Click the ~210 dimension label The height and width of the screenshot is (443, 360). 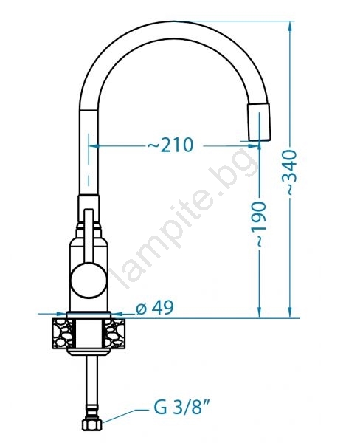[x=170, y=145]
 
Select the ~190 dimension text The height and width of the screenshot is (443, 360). [x=260, y=224]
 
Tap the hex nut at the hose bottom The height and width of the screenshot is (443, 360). [x=91, y=425]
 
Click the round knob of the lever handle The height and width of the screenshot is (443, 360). [x=89, y=281]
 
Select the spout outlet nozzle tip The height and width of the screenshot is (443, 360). [x=259, y=122]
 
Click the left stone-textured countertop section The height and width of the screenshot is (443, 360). [x=63, y=334]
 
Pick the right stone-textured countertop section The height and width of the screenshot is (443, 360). [x=115, y=334]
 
